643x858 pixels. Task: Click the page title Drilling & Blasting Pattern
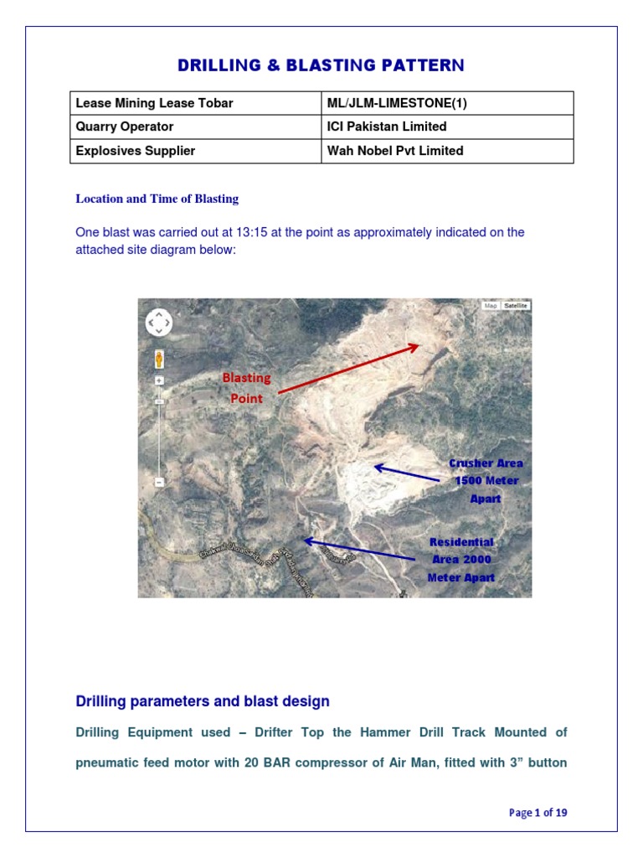(x=321, y=65)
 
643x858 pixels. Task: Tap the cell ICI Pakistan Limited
(x=387, y=127)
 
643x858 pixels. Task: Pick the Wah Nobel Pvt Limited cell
(x=395, y=151)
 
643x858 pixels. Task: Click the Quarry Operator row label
(x=125, y=127)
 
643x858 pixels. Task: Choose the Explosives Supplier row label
(x=131, y=151)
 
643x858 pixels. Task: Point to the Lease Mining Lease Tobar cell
(x=154, y=103)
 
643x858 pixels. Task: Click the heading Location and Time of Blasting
(x=157, y=199)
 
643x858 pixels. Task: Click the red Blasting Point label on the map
(x=247, y=388)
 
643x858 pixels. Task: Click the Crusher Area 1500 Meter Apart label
(x=486, y=480)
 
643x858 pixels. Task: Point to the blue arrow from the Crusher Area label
(x=406, y=472)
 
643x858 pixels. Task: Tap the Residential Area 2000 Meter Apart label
(x=461, y=560)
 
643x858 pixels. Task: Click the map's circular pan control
(x=159, y=322)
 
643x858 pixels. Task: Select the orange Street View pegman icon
(x=159, y=359)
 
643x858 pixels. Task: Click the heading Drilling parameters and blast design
(x=203, y=701)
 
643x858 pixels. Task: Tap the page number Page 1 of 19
(x=538, y=813)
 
